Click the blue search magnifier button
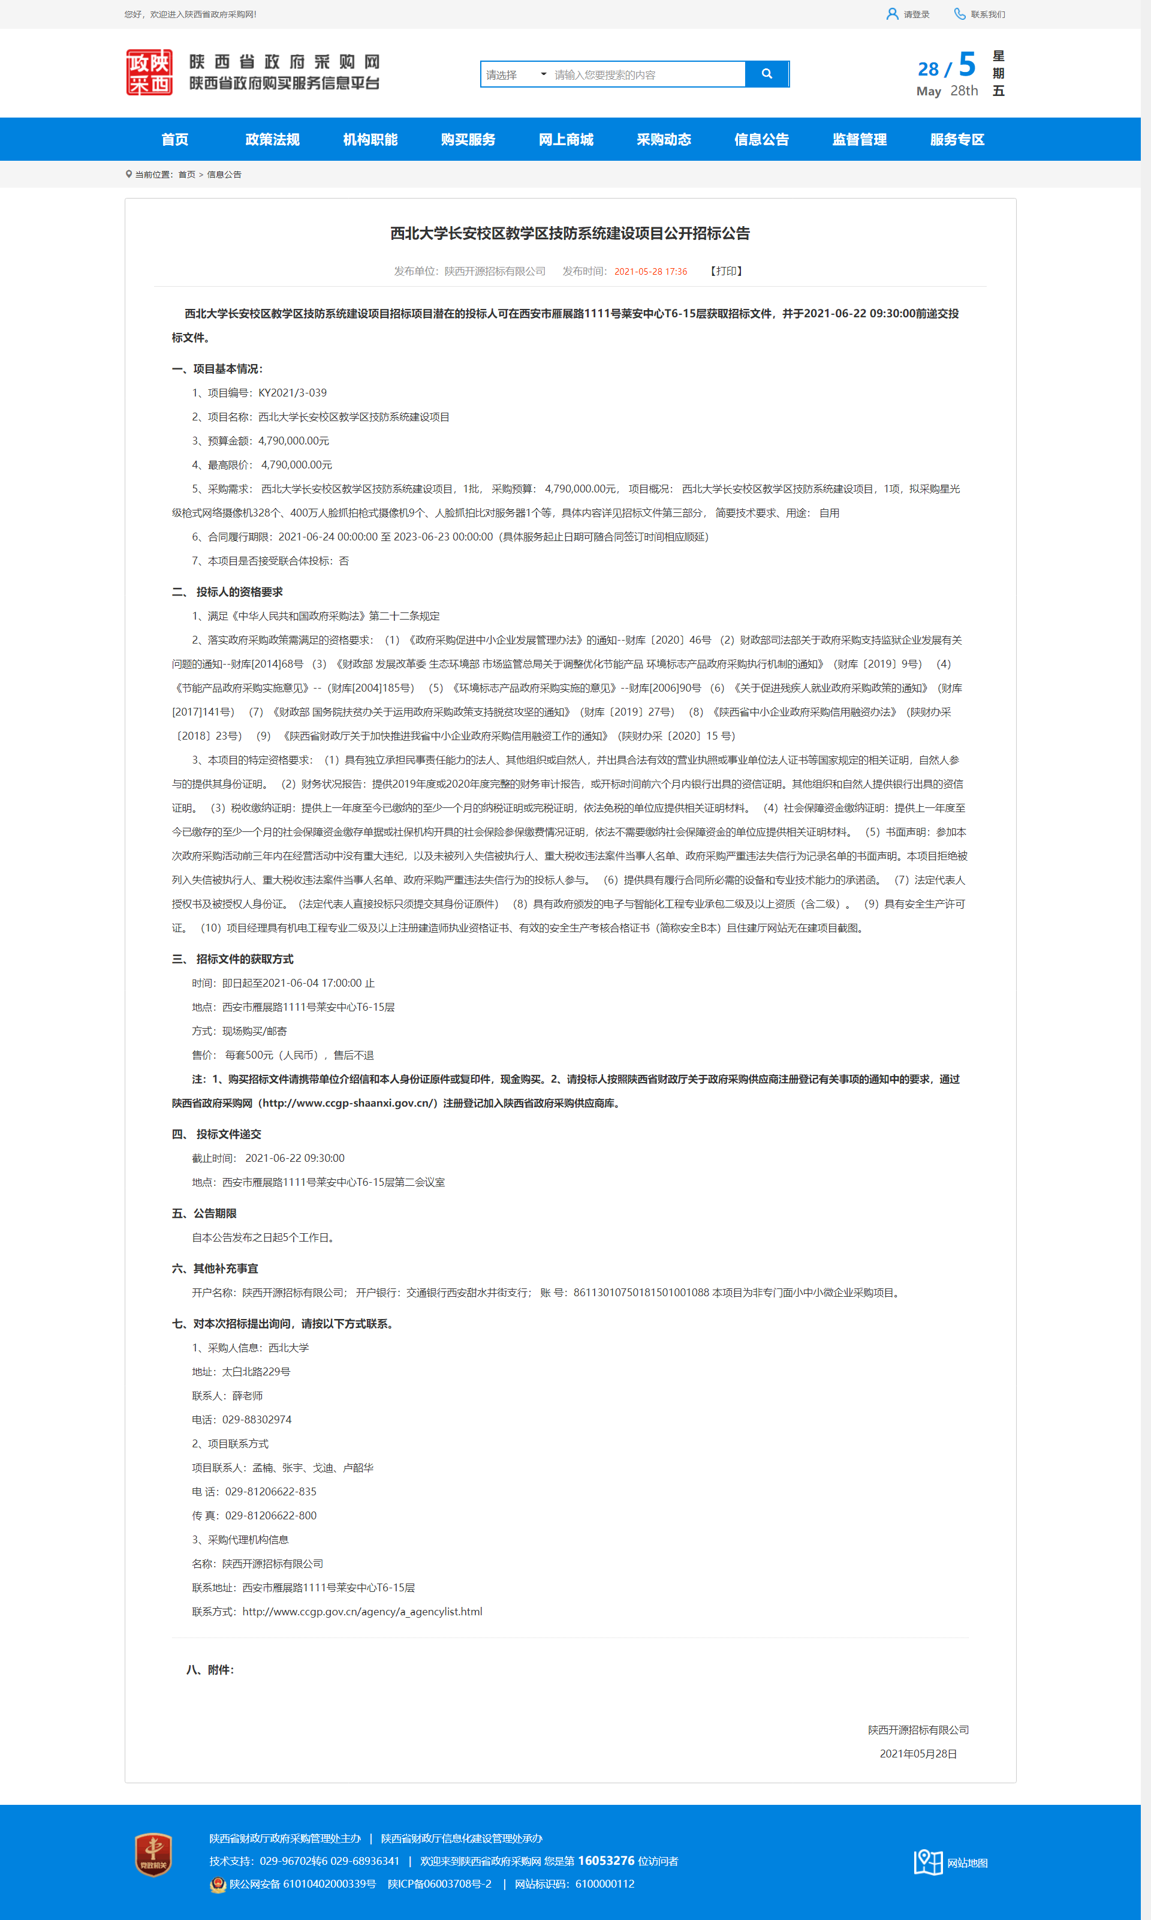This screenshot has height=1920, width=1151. click(x=766, y=74)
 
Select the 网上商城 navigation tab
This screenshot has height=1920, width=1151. click(x=565, y=140)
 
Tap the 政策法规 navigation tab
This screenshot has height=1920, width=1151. click(x=272, y=140)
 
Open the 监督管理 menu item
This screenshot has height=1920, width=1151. click(x=858, y=140)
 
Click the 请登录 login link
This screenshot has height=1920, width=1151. click(x=915, y=14)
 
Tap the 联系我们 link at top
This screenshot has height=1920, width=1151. click(x=987, y=14)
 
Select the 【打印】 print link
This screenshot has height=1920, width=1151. click(x=726, y=271)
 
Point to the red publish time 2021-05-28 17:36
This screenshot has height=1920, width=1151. click(x=650, y=272)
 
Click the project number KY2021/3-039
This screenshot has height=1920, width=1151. click(x=293, y=393)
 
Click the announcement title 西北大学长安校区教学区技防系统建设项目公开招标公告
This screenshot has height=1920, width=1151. click(x=570, y=233)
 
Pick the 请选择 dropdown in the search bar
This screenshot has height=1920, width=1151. click(x=515, y=74)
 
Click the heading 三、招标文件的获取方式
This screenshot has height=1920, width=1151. click(x=233, y=959)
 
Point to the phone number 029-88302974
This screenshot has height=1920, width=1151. click(x=257, y=1419)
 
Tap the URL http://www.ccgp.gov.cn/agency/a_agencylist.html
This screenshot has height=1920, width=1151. click(x=362, y=1612)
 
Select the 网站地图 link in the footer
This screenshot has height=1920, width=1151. click(x=966, y=1862)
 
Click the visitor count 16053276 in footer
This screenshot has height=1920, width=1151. click(x=605, y=1860)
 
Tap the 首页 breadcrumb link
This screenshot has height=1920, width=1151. click(x=187, y=175)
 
